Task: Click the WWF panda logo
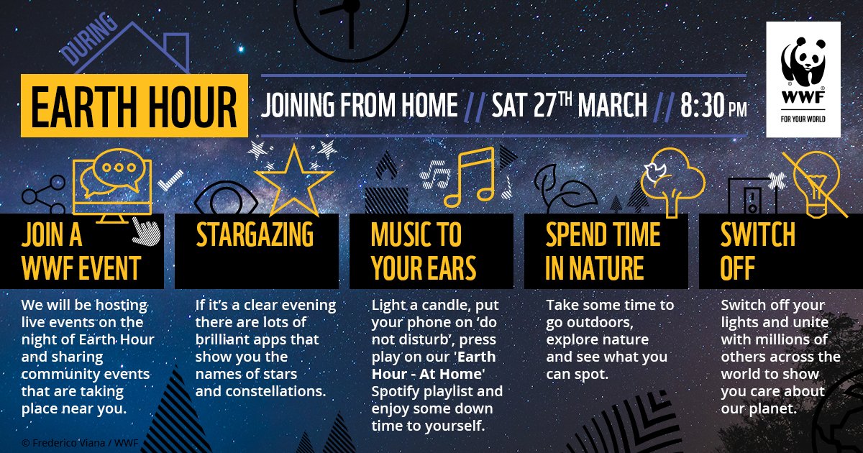803,68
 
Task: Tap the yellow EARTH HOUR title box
134,105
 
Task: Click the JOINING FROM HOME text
360,106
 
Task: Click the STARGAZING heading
255,235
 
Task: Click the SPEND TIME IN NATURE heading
603,252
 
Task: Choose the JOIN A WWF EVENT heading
81,252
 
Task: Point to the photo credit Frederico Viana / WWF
70,442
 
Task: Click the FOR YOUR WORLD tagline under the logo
803,119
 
